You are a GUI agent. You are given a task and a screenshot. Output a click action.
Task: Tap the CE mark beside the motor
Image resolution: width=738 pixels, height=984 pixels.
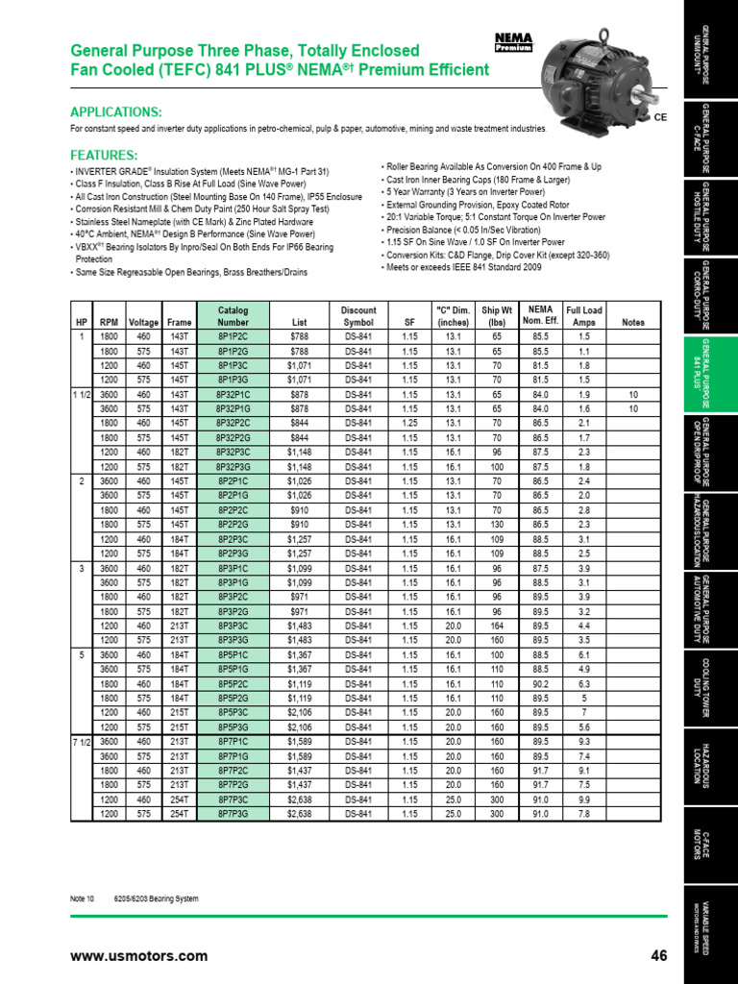(x=660, y=117)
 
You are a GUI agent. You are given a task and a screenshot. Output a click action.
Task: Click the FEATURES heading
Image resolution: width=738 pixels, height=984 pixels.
(x=104, y=155)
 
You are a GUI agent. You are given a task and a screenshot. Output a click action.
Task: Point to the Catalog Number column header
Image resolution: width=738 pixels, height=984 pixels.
(x=233, y=316)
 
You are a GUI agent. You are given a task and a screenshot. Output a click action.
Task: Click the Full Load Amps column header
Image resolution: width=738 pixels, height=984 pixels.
(x=583, y=316)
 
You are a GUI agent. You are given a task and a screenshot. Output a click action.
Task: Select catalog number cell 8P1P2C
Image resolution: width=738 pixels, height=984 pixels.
(x=233, y=337)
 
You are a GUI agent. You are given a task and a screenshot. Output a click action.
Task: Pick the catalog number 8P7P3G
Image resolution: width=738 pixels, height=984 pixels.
(x=233, y=814)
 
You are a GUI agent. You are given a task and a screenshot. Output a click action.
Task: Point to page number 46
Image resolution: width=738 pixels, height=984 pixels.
(x=659, y=955)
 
